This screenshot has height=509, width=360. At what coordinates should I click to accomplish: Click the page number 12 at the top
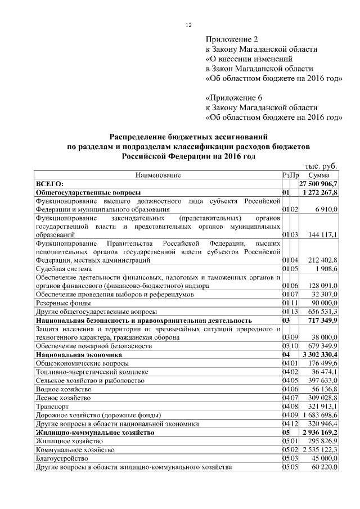[189, 25]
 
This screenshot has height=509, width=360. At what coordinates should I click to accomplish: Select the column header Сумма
[318, 175]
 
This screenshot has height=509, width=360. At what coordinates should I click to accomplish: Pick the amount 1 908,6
[325, 269]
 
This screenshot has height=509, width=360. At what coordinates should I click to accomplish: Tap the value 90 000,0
[323, 303]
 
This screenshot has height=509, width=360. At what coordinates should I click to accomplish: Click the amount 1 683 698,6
[319, 415]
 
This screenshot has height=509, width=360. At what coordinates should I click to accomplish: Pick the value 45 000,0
[323, 458]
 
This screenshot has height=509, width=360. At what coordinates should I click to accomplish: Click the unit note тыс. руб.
[321, 166]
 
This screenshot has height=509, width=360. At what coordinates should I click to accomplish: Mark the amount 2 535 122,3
[319, 450]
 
